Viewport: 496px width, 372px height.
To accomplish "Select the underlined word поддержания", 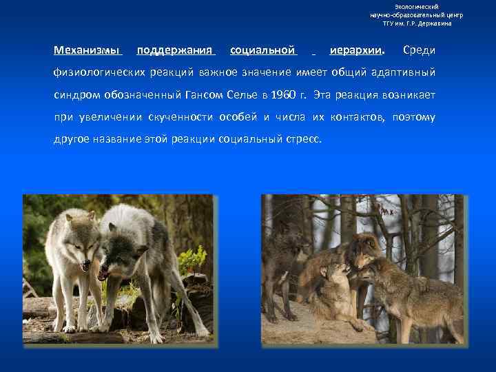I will (176, 50).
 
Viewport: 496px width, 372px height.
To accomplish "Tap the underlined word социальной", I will (263, 50).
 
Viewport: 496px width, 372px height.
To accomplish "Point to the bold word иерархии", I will (357, 50).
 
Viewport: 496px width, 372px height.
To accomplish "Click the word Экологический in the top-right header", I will (416, 6).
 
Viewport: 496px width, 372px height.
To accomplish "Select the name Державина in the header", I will (433, 23).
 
